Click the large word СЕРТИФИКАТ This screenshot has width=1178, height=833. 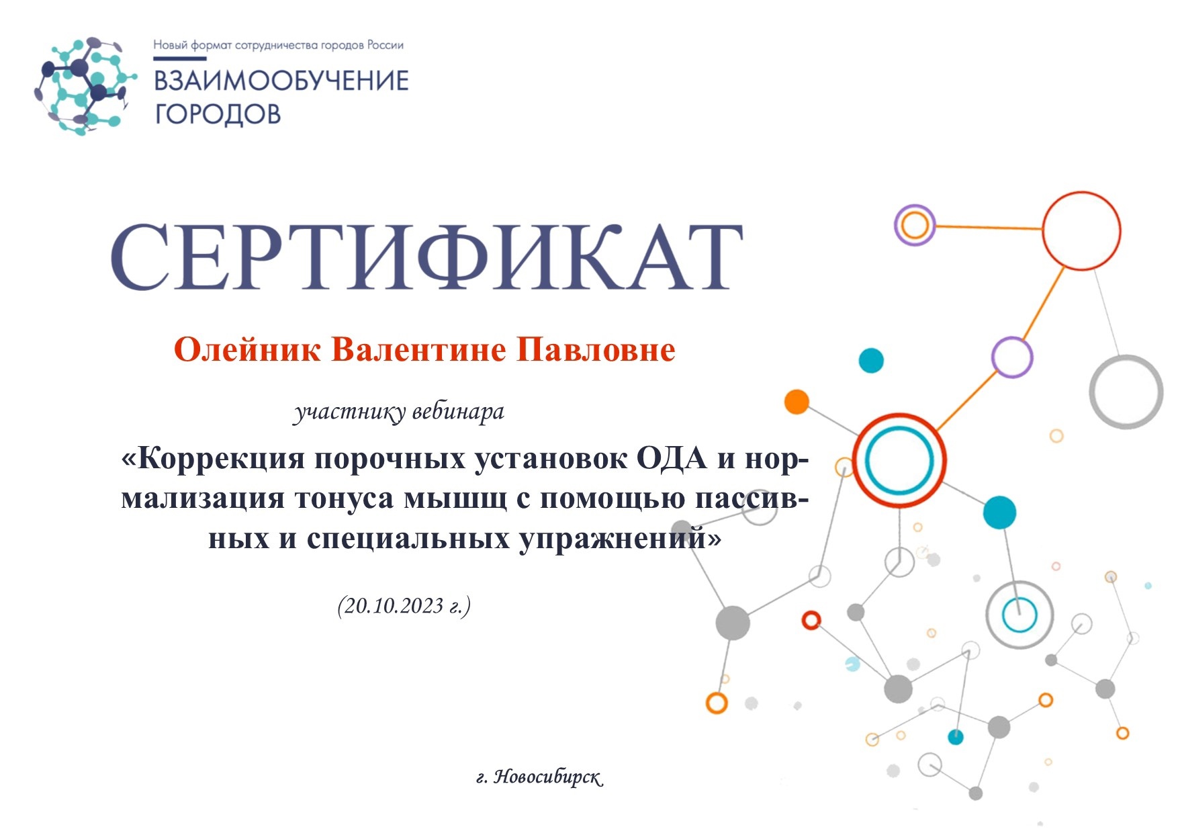click(427, 257)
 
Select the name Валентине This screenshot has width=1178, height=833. click(418, 350)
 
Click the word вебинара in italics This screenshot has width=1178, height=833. click(458, 411)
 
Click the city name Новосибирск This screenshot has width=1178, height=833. click(548, 777)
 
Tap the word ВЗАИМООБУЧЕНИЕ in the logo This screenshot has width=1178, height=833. click(282, 81)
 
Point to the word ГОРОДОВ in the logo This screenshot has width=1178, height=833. click(218, 114)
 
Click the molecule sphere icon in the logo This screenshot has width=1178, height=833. click(83, 86)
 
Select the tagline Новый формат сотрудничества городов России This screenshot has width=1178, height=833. click(279, 46)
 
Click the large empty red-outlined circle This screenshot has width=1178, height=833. click(1081, 230)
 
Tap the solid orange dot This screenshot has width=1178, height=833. click(797, 402)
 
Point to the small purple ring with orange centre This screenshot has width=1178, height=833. click(915, 225)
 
